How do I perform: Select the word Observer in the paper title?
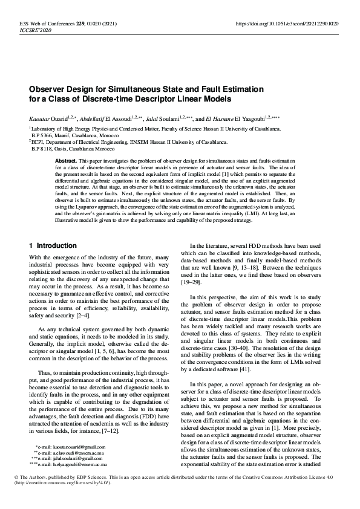coord(51,89)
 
